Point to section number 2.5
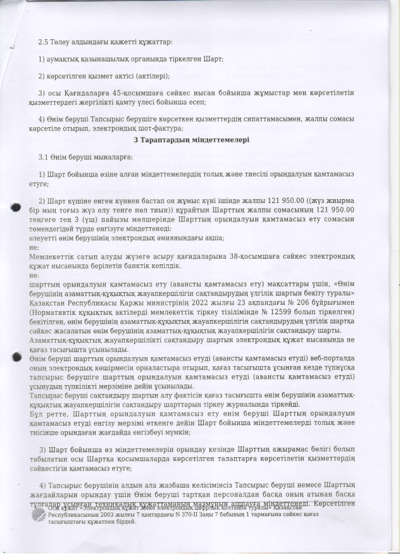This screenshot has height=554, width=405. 44,42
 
